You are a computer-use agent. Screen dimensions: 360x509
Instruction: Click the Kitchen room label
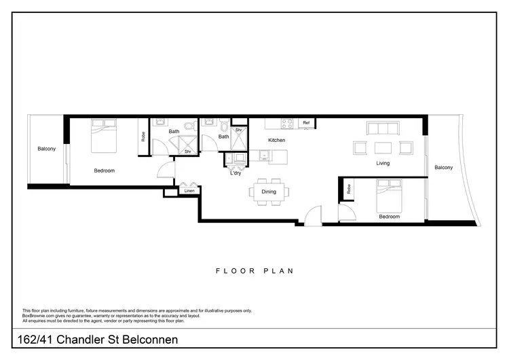pos(276,140)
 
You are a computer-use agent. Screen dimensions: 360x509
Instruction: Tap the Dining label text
pos(269,192)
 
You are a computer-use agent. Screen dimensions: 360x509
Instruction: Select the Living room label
pos(383,163)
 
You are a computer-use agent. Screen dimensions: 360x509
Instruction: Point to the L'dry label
pos(235,173)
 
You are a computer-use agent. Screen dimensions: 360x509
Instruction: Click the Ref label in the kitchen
pos(306,123)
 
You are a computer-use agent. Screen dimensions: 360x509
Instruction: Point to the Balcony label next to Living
pos(443,168)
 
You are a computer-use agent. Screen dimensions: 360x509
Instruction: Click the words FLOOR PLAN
pos(254,271)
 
